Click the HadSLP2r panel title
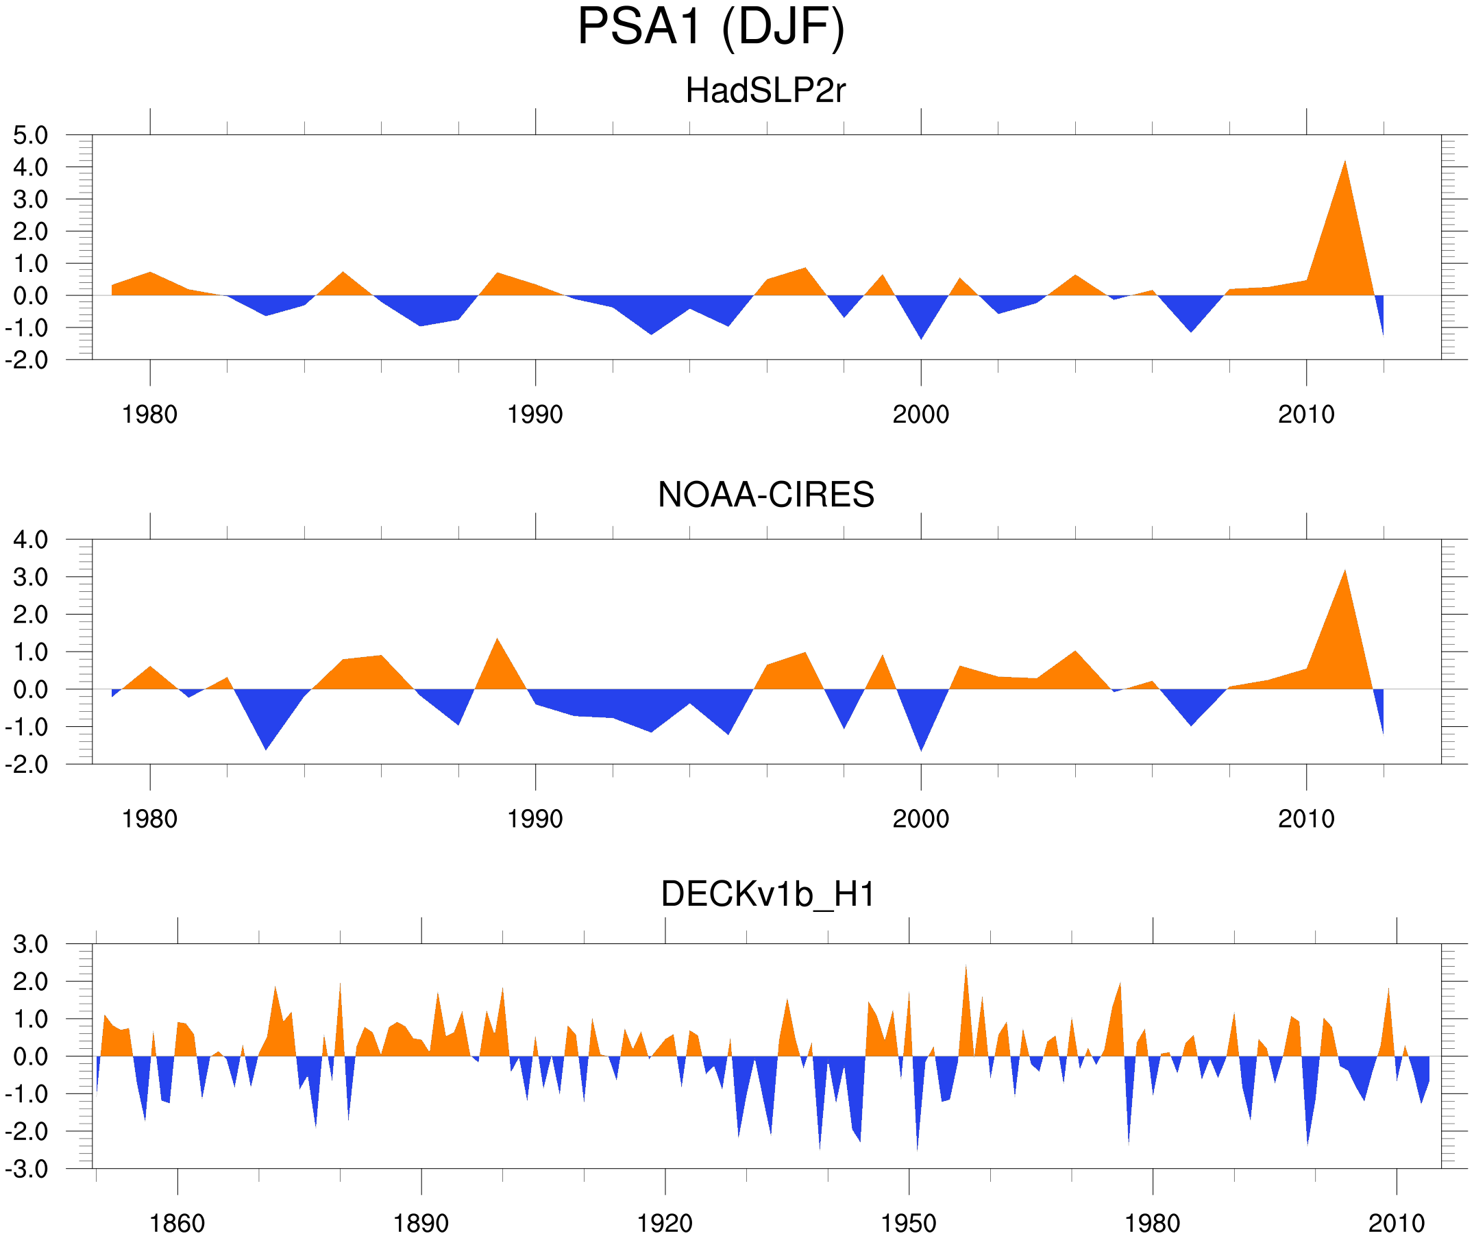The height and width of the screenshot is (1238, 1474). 765,90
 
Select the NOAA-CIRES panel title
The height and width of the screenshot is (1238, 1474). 765,495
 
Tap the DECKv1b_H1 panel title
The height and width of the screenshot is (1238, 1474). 768,895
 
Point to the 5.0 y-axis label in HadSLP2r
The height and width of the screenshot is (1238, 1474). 31,136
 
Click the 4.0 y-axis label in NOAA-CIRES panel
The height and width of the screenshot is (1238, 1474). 31,541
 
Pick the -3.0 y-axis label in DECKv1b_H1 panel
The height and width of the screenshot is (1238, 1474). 27,1170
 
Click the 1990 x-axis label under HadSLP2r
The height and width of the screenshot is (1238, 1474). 535,414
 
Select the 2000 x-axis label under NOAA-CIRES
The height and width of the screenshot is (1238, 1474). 920,819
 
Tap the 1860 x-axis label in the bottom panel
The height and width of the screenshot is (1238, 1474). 177,1224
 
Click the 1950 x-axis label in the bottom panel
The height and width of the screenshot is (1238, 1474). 908,1224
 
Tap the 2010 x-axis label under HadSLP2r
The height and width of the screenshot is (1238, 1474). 1305,414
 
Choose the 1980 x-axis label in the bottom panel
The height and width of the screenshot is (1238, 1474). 1152,1224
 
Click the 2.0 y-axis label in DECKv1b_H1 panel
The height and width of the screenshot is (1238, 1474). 31,982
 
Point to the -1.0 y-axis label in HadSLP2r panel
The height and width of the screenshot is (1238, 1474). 27,328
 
